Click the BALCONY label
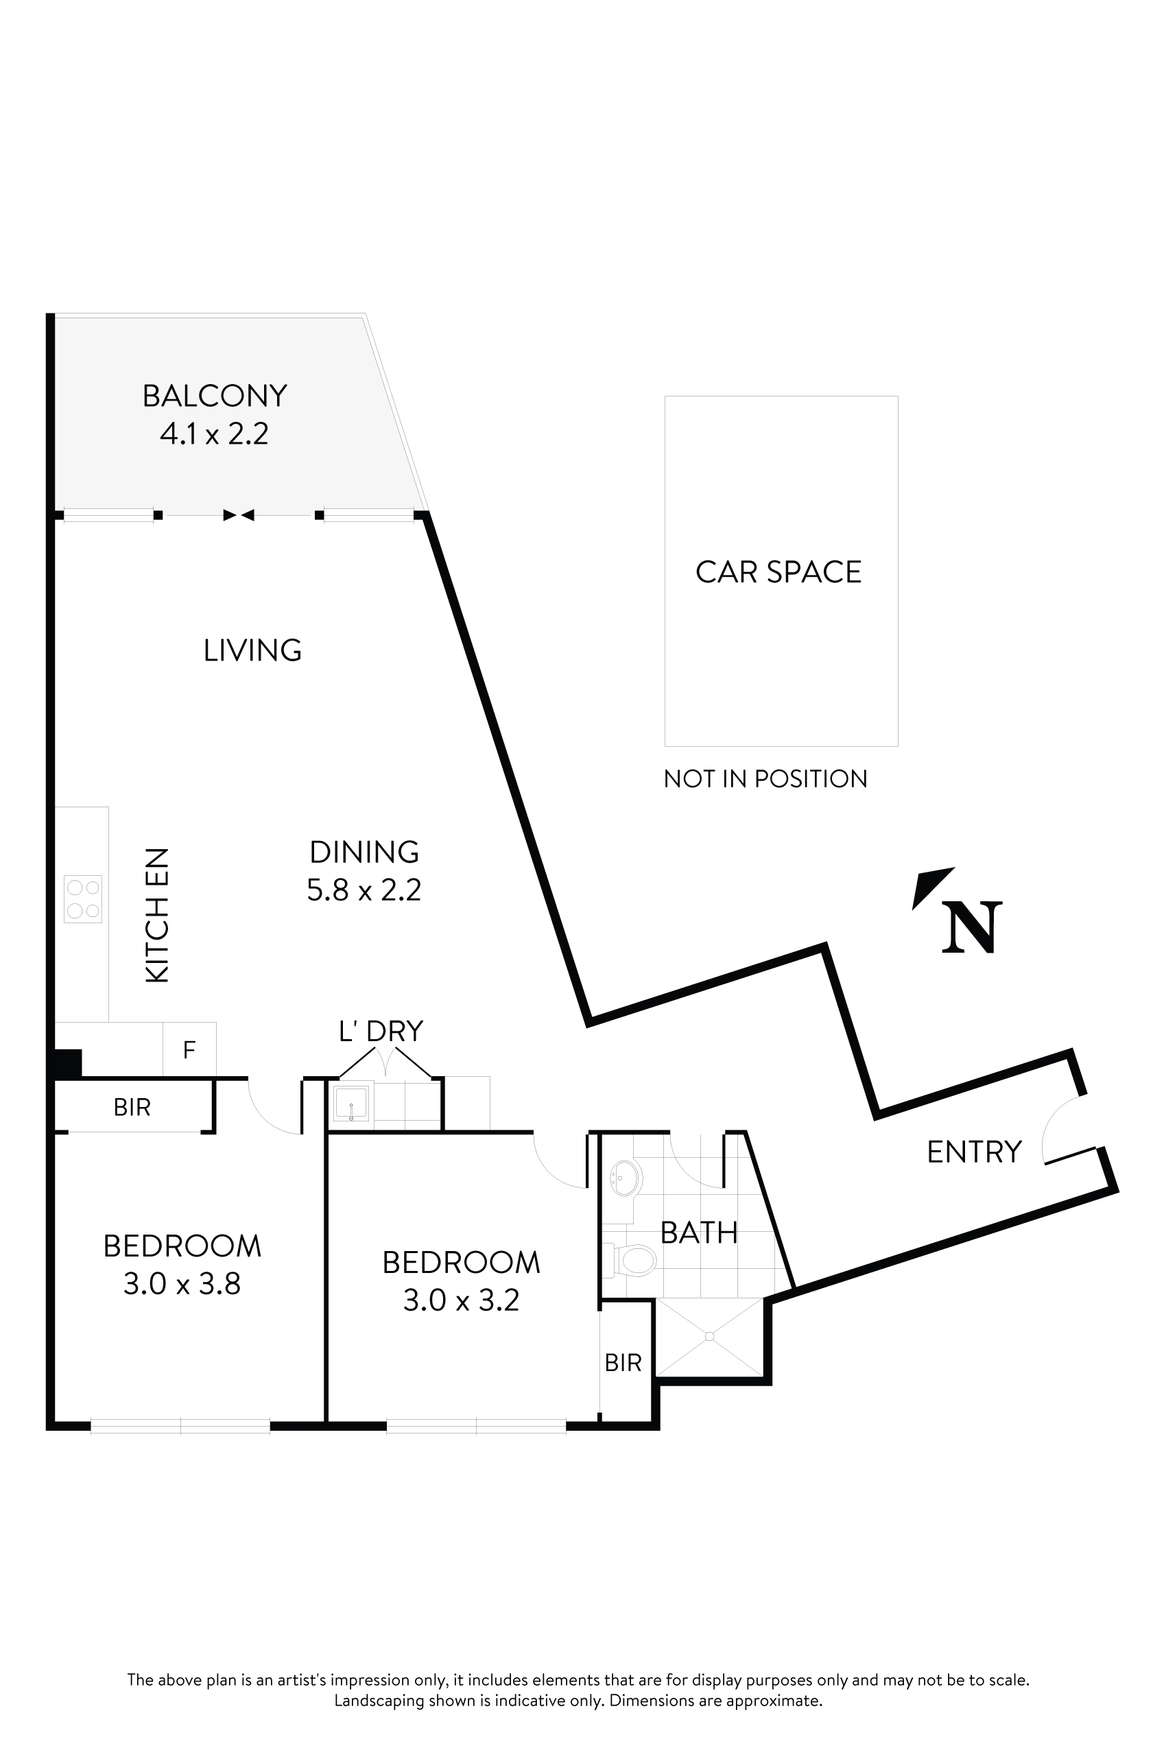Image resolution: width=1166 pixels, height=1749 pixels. point(214,396)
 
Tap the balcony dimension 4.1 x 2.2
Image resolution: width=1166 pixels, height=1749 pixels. point(214,433)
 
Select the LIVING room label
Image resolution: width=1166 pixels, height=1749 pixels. point(252,651)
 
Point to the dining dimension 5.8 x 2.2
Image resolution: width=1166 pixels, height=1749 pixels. point(364,890)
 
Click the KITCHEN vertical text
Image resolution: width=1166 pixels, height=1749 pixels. point(158,916)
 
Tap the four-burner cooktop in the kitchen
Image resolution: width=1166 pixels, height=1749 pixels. point(82,899)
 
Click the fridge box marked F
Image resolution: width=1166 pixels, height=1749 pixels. point(189,1049)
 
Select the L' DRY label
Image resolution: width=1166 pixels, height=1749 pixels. point(381,1031)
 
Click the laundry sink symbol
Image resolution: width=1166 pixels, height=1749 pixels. point(350,1104)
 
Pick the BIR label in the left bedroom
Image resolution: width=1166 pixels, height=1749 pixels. point(132,1107)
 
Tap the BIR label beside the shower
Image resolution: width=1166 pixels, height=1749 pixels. point(623,1362)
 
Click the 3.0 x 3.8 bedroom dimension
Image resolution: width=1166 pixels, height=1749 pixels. point(182,1284)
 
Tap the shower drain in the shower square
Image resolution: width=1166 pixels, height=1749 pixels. point(709,1336)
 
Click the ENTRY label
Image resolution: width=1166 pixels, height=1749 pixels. point(974,1152)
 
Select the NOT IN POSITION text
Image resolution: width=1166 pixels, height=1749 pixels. point(765,778)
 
